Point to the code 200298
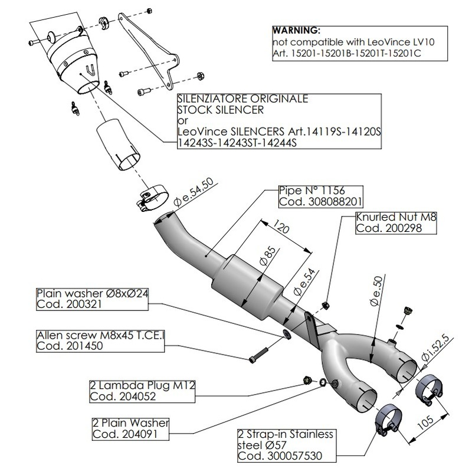pyautogui.click(x=383, y=228)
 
